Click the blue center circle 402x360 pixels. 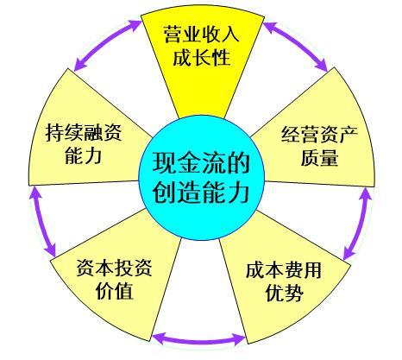click(x=201, y=178)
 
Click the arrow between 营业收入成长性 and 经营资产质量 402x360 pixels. click(x=295, y=46)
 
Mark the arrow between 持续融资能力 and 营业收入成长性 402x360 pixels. click(x=107, y=45)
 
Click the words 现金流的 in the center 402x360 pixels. click(x=201, y=163)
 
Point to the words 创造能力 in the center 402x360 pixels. click(x=201, y=193)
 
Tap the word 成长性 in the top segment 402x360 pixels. click(x=201, y=57)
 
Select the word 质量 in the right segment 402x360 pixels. click(x=319, y=157)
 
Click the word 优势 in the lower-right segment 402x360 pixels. click(x=285, y=293)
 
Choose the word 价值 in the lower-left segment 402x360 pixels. click(x=115, y=291)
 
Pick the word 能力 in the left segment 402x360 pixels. click(x=84, y=155)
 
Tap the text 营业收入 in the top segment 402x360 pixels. click(x=201, y=35)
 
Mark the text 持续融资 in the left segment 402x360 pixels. click(x=84, y=132)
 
